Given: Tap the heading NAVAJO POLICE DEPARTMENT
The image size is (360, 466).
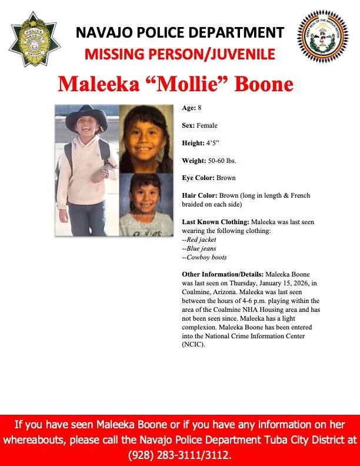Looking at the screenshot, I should click(x=179, y=33).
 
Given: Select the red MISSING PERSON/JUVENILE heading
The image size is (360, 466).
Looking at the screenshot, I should click(x=179, y=55).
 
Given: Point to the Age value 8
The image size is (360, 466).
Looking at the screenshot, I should click(x=199, y=108).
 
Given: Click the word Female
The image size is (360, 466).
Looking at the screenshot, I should click(x=207, y=125).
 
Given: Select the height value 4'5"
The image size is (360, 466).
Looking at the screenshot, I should click(x=211, y=143).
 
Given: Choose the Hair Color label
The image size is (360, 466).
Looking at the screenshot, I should click(x=199, y=195).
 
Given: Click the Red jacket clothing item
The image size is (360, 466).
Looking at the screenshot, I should click(x=200, y=239).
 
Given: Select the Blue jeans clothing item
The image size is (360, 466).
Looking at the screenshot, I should click(x=199, y=248).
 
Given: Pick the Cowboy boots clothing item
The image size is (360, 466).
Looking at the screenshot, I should click(x=205, y=257).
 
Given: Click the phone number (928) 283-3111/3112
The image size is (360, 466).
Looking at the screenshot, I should click(x=179, y=455).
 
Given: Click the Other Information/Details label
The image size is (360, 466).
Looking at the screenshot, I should click(x=223, y=274).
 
